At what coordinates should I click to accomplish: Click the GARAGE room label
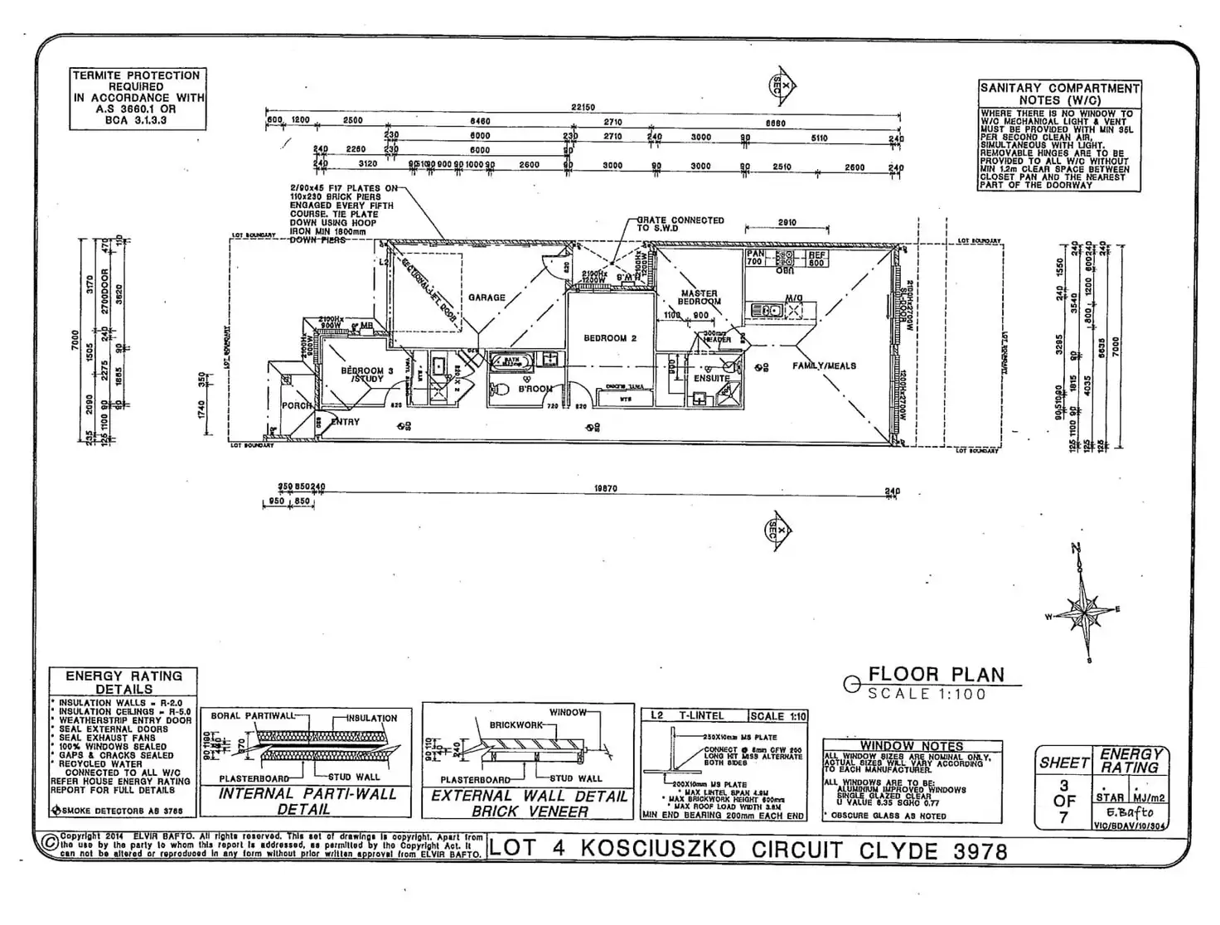(487, 298)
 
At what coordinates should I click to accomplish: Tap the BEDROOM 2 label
(610, 338)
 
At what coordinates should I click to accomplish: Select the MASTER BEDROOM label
(700, 298)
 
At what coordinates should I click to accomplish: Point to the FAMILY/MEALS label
(824, 366)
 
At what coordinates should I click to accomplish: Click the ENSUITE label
(712, 378)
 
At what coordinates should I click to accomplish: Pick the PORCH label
(297, 405)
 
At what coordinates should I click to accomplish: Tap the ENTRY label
(346, 422)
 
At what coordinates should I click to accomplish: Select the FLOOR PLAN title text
(936, 675)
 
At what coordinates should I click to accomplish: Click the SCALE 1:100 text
(927, 695)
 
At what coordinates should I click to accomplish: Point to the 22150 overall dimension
(583, 108)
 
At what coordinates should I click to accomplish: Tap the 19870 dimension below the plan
(606, 489)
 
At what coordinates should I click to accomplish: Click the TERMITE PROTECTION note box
(137, 98)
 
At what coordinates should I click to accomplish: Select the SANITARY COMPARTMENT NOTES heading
(1059, 94)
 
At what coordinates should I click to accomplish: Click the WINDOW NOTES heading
(911, 746)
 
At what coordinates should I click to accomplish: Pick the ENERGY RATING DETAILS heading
(123, 682)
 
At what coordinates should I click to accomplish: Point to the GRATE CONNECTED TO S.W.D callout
(680, 224)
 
